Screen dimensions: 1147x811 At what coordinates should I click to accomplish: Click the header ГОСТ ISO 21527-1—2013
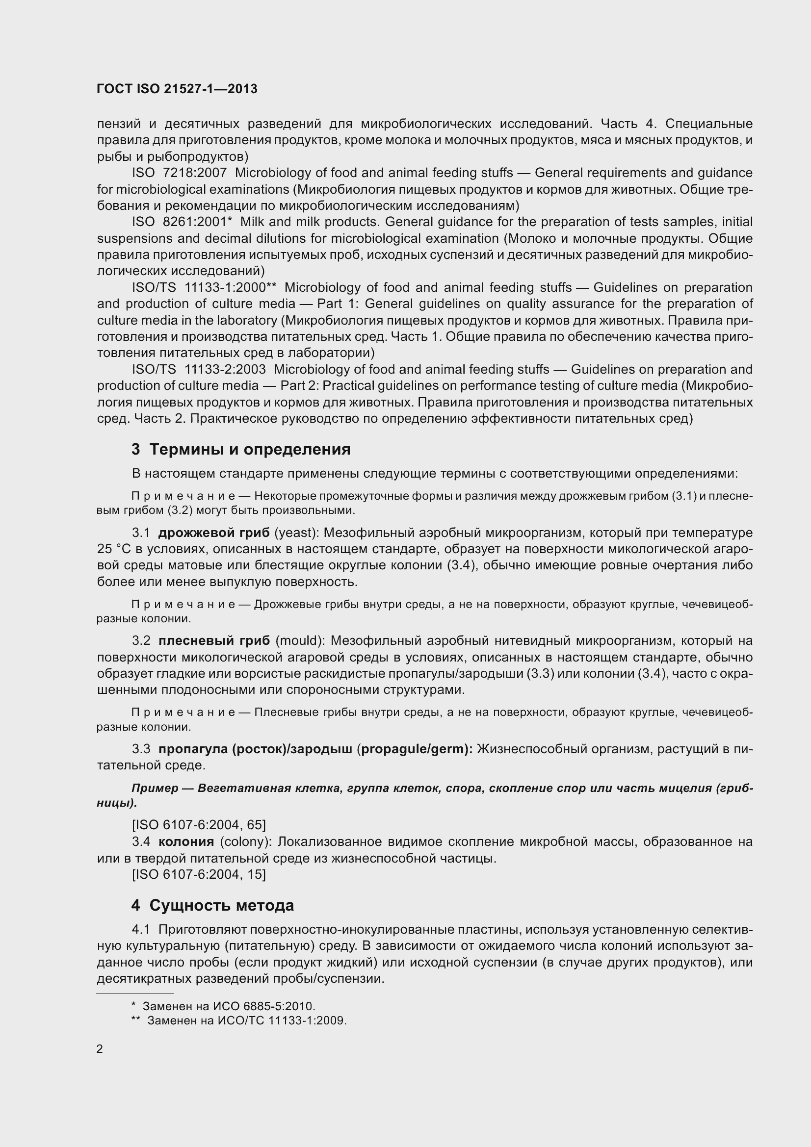(178, 89)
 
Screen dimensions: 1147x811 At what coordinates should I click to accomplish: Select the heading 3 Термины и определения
(241, 449)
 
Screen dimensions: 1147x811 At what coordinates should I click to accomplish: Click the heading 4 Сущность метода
(212, 905)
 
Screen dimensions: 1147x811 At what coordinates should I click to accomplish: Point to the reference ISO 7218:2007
(180, 173)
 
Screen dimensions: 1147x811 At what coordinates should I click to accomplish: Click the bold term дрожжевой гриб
(214, 533)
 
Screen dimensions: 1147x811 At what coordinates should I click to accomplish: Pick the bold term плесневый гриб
(214, 641)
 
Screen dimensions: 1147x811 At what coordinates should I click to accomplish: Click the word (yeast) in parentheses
(294, 533)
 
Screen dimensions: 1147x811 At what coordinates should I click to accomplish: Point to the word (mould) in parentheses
(299, 641)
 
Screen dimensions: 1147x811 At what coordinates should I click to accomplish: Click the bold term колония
(186, 842)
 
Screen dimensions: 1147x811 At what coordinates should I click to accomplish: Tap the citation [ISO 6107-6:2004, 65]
(199, 824)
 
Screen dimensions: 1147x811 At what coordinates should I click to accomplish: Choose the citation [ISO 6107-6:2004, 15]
(199, 874)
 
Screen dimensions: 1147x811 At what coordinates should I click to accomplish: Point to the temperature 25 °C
(113, 550)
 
